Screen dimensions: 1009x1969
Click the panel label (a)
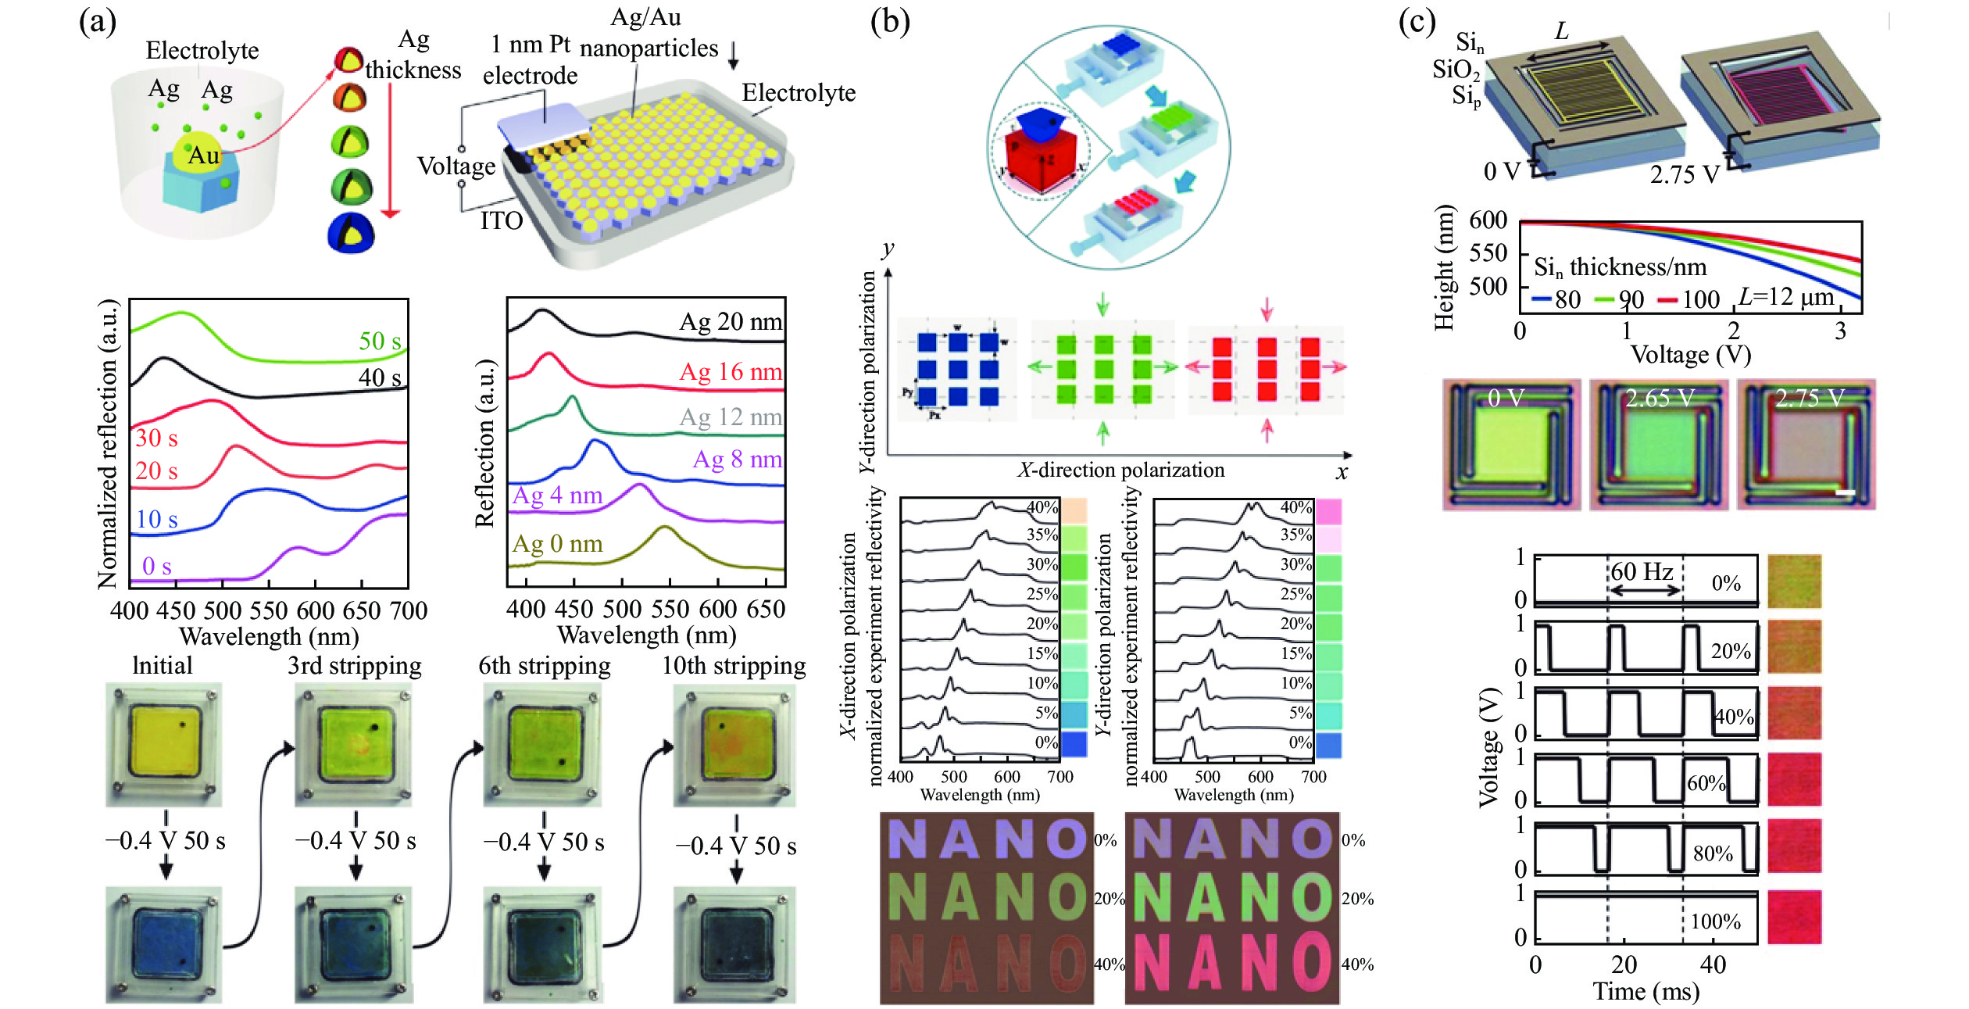tap(98, 21)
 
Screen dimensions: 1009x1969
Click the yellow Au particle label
tap(204, 156)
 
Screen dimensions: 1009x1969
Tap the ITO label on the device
tap(501, 221)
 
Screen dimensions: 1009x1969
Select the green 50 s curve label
tap(380, 341)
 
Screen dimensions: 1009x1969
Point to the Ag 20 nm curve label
tap(731, 321)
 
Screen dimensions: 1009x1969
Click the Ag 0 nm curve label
tap(557, 543)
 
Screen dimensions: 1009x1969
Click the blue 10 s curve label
tap(157, 519)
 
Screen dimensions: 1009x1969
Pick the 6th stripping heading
tap(545, 665)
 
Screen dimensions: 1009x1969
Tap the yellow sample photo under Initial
tap(164, 744)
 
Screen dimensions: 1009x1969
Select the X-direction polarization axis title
tap(1121, 470)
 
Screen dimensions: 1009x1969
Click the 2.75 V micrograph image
tap(1806, 445)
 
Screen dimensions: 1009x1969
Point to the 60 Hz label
tap(1642, 571)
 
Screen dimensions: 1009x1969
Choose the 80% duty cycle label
tap(1713, 853)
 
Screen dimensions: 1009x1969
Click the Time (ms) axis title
tap(1646, 991)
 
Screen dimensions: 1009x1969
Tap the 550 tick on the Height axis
tap(1488, 252)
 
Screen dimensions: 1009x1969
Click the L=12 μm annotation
tap(1786, 297)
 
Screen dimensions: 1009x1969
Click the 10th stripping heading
tap(734, 665)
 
